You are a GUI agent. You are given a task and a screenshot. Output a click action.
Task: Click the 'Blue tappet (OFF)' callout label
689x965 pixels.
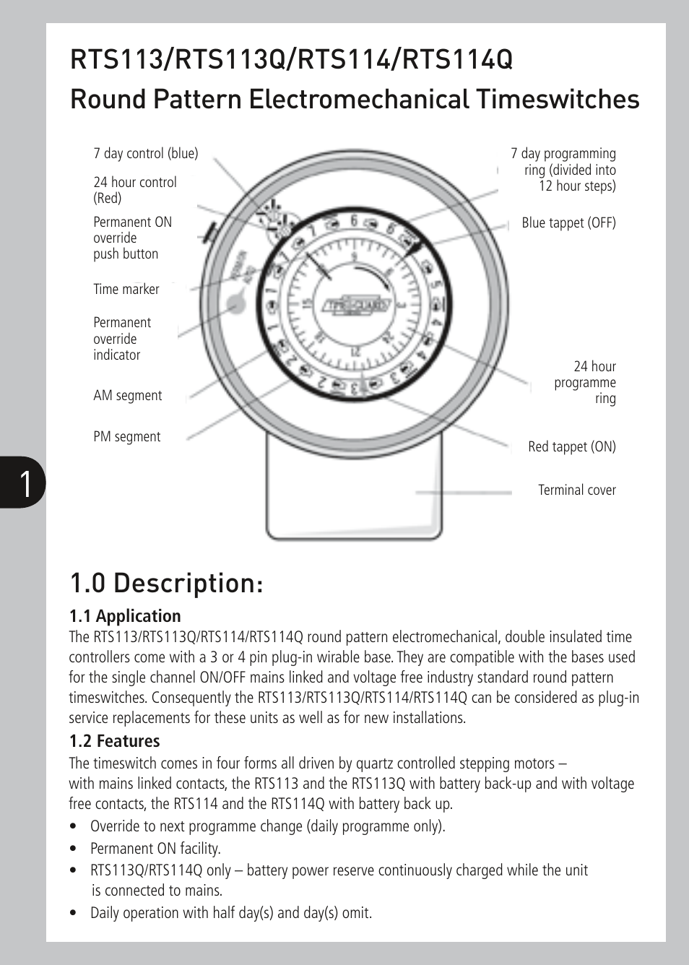(x=568, y=222)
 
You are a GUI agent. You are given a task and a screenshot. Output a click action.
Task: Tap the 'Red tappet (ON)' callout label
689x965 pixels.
(x=571, y=446)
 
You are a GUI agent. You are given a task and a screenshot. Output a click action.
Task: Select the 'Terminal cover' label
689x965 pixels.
(x=576, y=490)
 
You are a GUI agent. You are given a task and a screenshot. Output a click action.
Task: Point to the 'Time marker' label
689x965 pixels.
(x=126, y=289)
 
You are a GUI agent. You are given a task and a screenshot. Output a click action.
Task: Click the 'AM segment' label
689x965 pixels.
(x=127, y=395)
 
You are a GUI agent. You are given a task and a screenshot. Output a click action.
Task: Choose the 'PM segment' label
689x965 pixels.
(x=126, y=436)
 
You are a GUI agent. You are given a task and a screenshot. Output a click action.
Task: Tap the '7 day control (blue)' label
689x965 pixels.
(x=145, y=153)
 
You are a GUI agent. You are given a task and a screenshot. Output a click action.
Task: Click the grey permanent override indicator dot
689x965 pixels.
(x=236, y=304)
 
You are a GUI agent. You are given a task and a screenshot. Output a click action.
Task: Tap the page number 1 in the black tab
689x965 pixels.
(x=25, y=483)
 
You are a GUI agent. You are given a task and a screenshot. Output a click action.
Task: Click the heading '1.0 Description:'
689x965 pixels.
(x=167, y=583)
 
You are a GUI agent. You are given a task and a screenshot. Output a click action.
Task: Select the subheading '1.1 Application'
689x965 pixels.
(x=125, y=616)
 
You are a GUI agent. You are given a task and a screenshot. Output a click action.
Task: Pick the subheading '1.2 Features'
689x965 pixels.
(x=114, y=741)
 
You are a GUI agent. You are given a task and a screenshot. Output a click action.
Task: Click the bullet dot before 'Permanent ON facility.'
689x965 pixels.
(x=74, y=849)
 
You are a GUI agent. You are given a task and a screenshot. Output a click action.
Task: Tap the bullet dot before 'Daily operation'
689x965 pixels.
(x=74, y=913)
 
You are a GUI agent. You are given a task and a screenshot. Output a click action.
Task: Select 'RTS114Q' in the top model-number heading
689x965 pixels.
(x=458, y=59)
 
